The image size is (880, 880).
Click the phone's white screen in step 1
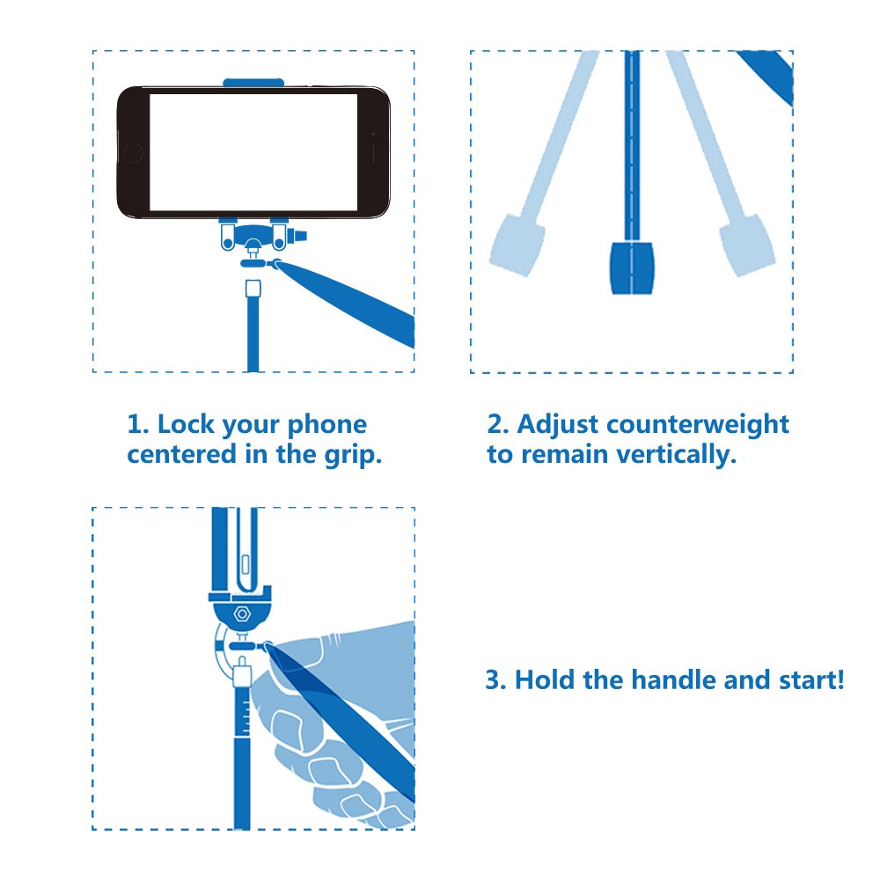tap(253, 152)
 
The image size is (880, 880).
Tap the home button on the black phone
tap(133, 152)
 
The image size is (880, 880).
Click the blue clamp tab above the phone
tap(253, 83)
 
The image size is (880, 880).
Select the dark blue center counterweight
tap(632, 268)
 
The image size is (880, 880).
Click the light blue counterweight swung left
tap(517, 245)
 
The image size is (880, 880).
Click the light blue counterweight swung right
tap(747, 245)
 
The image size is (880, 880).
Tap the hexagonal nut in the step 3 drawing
tap(242, 614)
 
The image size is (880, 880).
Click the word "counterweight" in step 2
tap(698, 425)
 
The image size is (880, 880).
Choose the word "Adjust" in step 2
tap(559, 425)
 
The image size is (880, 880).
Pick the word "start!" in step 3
tap(811, 680)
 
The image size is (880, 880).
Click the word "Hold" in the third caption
tap(544, 679)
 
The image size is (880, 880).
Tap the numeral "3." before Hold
tap(496, 680)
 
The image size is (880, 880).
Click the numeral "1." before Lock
tap(138, 425)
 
